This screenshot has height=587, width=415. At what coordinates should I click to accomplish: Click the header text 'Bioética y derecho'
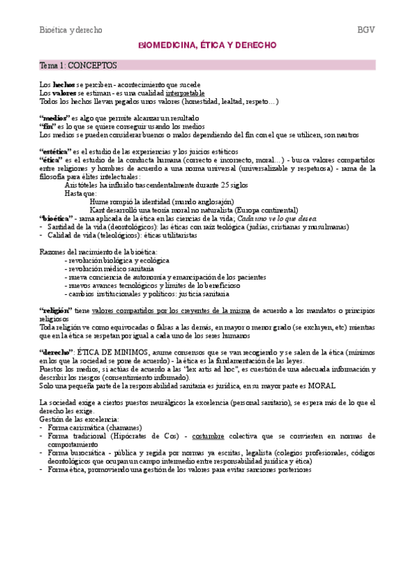coord(71,30)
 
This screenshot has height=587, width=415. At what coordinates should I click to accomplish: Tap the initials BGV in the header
coord(365,30)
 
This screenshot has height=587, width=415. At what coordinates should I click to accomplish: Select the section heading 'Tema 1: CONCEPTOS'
coord(78,65)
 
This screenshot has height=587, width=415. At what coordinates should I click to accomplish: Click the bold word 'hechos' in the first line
coord(64,84)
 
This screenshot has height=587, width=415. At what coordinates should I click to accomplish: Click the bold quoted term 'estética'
coord(56,151)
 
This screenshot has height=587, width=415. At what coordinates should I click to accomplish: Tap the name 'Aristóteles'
coord(83,185)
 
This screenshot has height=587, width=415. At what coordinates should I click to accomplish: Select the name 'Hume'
coord(100,201)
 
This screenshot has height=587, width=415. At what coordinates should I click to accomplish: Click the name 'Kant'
coord(98,210)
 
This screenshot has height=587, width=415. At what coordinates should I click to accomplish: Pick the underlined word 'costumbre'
coord(212,436)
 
